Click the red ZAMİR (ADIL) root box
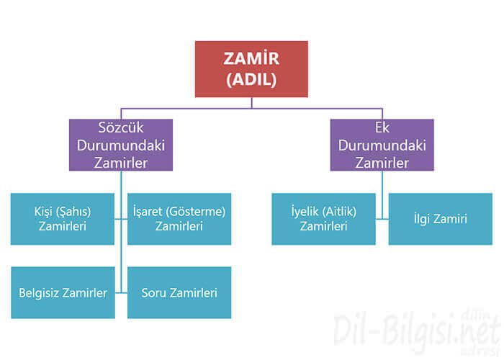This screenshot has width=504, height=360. click(251, 69)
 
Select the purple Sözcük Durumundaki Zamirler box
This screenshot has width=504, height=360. click(121, 145)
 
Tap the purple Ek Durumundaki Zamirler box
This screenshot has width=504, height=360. click(382, 145)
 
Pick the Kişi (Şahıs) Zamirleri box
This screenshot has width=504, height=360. click(63, 219)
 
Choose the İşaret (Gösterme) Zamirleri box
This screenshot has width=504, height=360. click(179, 219)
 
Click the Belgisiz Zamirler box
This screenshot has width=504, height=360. click(63, 292)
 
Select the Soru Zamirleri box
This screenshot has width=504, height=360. click(179, 292)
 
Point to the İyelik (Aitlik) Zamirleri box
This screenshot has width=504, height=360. click(324, 219)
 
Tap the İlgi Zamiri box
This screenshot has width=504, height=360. click(439, 219)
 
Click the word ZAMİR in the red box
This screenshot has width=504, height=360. click(251, 59)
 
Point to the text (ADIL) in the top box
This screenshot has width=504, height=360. click(251, 80)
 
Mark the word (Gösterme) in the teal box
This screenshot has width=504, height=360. click(195, 212)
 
